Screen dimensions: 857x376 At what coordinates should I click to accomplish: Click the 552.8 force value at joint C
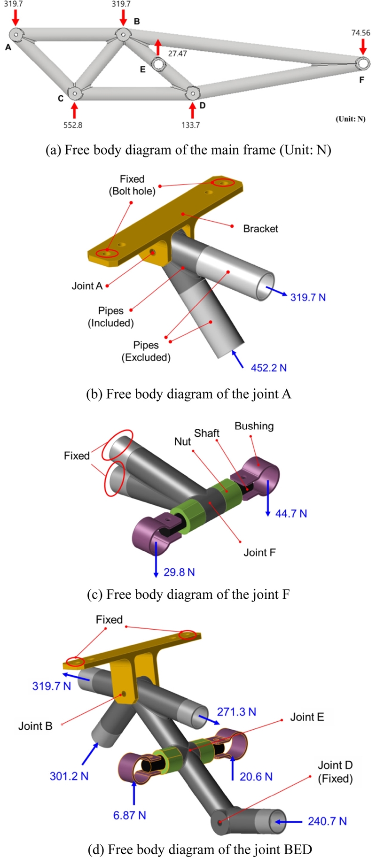click(x=73, y=125)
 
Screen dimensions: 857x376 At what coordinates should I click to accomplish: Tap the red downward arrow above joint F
click(x=363, y=46)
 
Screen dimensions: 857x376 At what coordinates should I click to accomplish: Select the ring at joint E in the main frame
click(x=158, y=63)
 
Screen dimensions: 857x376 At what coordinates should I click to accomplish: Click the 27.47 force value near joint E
click(x=177, y=54)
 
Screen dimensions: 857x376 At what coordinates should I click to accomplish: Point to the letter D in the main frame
click(x=202, y=106)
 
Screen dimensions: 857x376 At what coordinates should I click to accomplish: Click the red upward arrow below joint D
click(x=192, y=109)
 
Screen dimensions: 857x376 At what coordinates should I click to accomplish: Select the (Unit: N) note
click(x=350, y=119)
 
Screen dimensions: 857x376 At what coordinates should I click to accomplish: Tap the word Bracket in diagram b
click(x=260, y=229)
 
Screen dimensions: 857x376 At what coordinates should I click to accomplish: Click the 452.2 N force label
click(x=268, y=368)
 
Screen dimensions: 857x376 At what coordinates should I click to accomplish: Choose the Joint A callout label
click(x=87, y=286)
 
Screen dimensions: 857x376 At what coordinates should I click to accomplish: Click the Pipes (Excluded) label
click(x=146, y=351)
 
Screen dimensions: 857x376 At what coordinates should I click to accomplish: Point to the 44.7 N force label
click(x=291, y=513)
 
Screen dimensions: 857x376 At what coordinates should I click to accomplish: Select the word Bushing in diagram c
click(x=254, y=426)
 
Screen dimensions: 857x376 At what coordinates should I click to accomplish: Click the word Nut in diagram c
click(x=182, y=441)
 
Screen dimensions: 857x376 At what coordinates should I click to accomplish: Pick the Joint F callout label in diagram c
click(x=259, y=552)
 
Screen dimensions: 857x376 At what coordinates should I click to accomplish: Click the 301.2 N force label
click(x=69, y=776)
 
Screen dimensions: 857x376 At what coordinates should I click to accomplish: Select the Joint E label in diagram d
click(x=307, y=717)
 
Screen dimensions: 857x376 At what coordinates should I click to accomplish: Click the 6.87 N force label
click(x=129, y=815)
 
